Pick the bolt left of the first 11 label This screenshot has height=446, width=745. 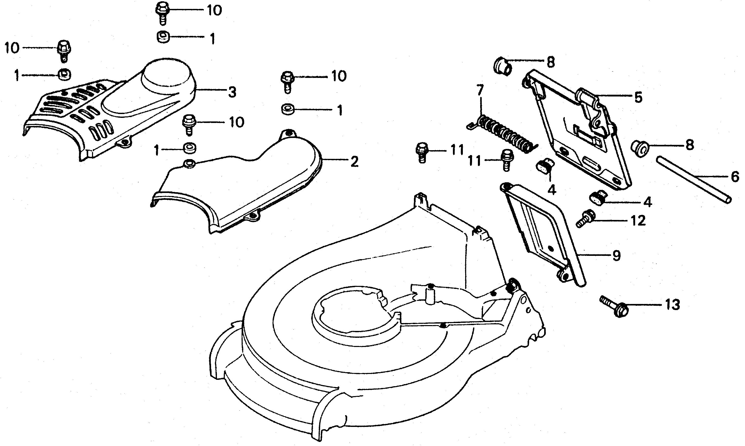pyautogui.click(x=422, y=152)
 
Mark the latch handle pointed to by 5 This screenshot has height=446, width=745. pyautogui.click(x=590, y=108)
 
